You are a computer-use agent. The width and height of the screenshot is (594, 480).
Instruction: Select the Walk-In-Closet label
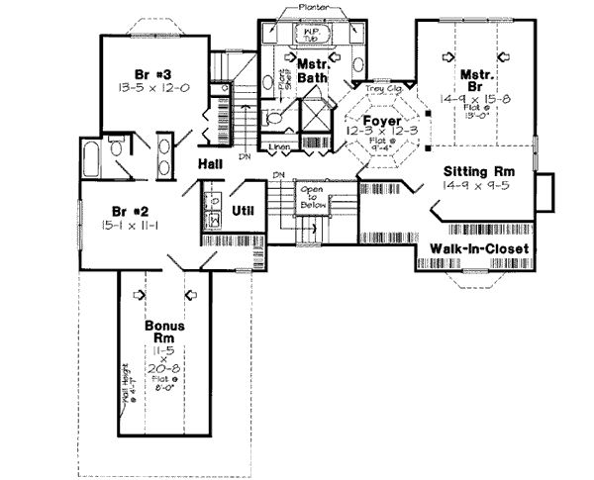click(477, 248)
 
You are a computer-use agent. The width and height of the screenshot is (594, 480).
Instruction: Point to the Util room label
click(243, 211)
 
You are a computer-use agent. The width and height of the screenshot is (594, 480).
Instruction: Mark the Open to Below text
click(316, 198)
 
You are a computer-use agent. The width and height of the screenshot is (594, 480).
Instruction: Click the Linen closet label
click(280, 147)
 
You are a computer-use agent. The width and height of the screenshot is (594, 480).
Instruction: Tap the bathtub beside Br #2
click(91, 157)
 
